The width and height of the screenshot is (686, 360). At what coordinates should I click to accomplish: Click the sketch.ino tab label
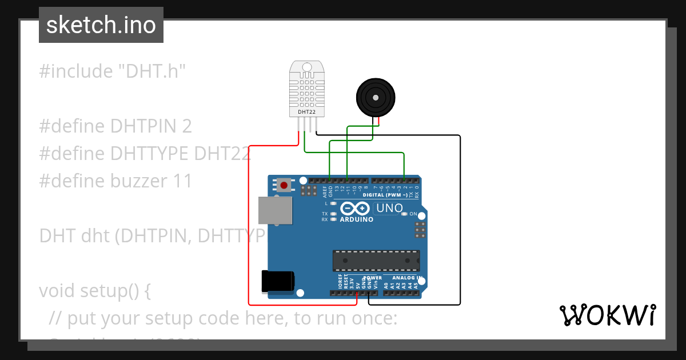(x=101, y=25)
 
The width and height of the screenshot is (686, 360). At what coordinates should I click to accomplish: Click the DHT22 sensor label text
(x=307, y=112)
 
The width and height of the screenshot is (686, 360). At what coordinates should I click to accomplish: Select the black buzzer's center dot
(x=376, y=98)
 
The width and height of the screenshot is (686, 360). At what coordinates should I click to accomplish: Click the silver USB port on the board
(x=274, y=210)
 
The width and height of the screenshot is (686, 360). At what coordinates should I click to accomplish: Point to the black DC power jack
(x=277, y=282)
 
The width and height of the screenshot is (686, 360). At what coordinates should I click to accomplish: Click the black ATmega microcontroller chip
(x=377, y=260)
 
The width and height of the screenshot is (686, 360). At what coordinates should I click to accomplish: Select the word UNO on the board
(x=389, y=209)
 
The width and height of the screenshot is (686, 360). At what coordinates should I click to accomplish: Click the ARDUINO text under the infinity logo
(x=357, y=219)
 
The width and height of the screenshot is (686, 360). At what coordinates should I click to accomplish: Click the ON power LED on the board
(x=404, y=214)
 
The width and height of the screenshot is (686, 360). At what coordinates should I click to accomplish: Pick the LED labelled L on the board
(x=333, y=203)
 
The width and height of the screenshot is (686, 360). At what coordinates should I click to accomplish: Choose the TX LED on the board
(x=333, y=214)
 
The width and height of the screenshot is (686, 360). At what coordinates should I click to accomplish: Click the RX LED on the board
(x=333, y=219)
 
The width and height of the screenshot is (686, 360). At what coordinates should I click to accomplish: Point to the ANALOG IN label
(x=406, y=278)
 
